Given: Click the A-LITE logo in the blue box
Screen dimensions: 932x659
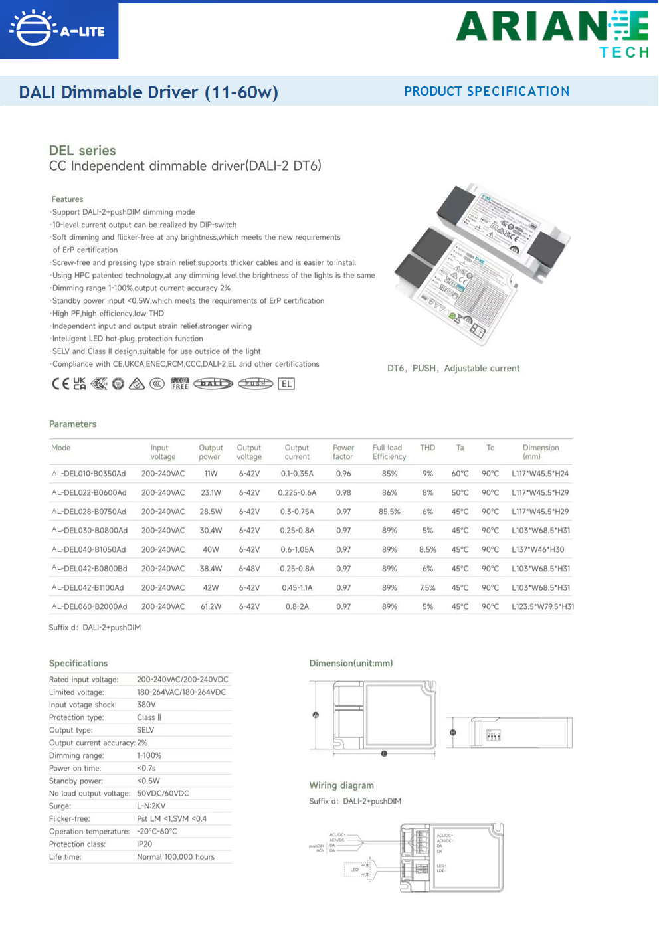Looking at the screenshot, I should (x=58, y=30).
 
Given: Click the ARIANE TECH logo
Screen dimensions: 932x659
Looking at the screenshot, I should (x=552, y=33).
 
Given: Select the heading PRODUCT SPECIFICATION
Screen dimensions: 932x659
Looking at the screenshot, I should (x=486, y=92).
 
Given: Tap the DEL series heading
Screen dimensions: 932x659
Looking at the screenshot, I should (x=82, y=151).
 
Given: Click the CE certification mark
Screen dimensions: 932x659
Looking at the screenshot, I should (x=60, y=383).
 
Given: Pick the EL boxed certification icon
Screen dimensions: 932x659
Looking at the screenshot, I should (x=286, y=383).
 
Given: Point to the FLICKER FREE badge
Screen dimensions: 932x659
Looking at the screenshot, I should (x=180, y=383).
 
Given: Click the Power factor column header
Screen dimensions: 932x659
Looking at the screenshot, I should (x=343, y=452).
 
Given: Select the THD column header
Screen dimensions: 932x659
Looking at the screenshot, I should (x=428, y=448).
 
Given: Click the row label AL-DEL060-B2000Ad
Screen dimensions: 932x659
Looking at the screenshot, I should (x=90, y=606).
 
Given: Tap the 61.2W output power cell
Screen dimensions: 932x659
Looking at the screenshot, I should (x=211, y=606).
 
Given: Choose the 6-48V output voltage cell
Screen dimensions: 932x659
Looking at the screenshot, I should (x=249, y=569).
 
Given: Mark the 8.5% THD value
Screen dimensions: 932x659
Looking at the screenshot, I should (x=428, y=549).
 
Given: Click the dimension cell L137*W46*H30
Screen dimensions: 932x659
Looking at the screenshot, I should (x=538, y=549).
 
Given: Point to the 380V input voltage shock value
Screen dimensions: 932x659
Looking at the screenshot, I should (x=146, y=705).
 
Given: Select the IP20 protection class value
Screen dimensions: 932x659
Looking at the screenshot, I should (x=145, y=844).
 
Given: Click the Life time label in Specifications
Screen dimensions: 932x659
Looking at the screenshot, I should (x=65, y=857).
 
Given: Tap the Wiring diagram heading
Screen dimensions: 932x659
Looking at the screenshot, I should (x=341, y=785).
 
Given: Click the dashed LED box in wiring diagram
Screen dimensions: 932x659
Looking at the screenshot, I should (x=355, y=869).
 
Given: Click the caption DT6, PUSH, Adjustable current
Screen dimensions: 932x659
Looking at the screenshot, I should (x=453, y=368).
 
